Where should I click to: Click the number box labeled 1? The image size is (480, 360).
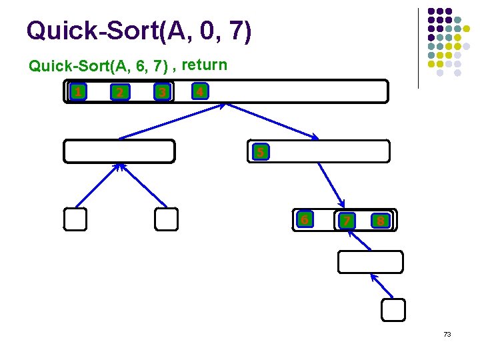[78, 91]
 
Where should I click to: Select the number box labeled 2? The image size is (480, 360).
[119, 92]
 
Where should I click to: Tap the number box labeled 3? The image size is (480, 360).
[161, 92]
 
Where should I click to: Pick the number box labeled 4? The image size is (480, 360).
[199, 89]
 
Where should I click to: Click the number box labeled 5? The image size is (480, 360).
[260, 153]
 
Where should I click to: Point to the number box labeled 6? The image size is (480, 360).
[304, 219]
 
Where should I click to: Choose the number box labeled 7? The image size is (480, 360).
[346, 221]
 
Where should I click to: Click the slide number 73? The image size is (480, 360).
[447, 333]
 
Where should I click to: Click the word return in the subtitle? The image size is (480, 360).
[205, 65]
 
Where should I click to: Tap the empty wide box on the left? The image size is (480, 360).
[119, 151]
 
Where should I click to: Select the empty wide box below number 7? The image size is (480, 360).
[370, 262]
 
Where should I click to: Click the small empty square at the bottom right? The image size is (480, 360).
[393, 309]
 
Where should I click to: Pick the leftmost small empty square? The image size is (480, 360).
[75, 219]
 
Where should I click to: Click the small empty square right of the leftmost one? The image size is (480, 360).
[166, 219]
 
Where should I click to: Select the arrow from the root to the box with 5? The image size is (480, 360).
[272, 121]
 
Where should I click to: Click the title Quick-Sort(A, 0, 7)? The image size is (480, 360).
[139, 31]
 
